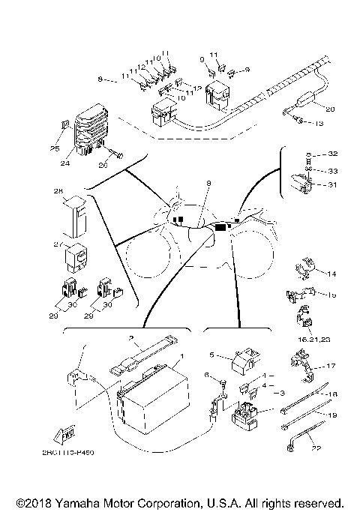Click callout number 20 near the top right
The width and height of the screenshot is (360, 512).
(330, 109)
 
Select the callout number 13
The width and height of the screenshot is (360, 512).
(319, 123)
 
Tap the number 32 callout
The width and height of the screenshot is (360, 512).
(332, 154)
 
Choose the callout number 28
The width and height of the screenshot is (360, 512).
(58, 193)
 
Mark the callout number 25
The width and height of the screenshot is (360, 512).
(55, 148)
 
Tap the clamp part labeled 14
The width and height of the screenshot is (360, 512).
(304, 266)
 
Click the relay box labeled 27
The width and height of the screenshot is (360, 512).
(75, 256)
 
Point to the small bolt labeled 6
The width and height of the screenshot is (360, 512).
(223, 385)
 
